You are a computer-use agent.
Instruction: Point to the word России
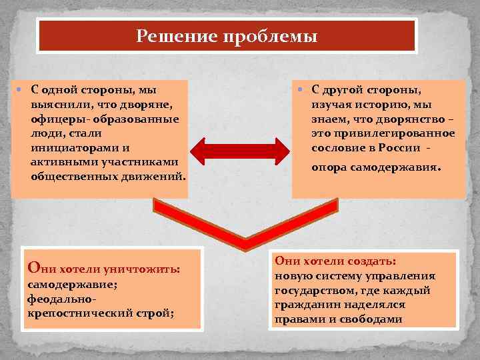pyautogui.click(x=401, y=148)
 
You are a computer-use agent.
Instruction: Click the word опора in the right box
pyautogui.click(x=329, y=169)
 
